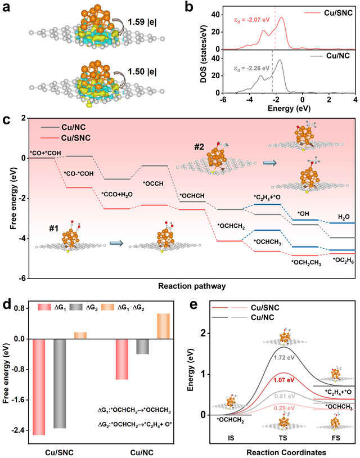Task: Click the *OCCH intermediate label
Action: point(154,183)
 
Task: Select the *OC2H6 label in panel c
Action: point(343,259)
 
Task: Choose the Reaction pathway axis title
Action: point(192,286)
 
